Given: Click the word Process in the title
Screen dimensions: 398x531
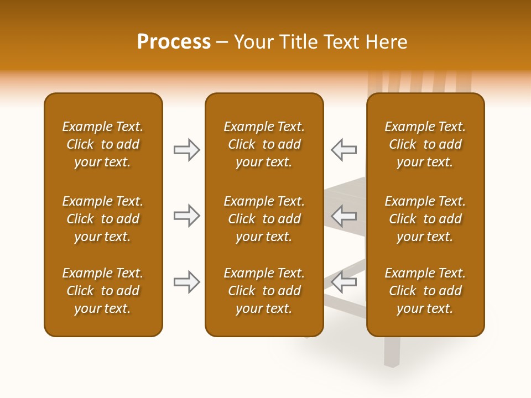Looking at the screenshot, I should (x=174, y=42).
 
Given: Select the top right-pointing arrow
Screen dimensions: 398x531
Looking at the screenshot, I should (x=186, y=150).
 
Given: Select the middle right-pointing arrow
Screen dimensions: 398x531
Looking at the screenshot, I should (x=186, y=216).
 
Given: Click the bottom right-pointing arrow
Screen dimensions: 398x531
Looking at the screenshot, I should (x=186, y=282).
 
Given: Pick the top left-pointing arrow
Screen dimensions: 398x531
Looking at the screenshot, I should (x=343, y=150).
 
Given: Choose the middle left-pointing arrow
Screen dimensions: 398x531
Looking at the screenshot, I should (x=343, y=216).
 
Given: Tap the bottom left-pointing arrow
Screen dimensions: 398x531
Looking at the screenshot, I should (x=343, y=282).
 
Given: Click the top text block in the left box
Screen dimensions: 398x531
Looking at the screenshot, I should (x=103, y=144).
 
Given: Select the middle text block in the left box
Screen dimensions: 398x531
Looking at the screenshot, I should (x=103, y=219).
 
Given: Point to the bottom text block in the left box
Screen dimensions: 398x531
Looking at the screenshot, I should (x=103, y=291).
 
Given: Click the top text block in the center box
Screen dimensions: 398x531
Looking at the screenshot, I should (x=264, y=144).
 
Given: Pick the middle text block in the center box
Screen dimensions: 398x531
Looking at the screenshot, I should (x=264, y=219).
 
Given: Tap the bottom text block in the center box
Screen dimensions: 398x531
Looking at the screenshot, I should (x=264, y=291).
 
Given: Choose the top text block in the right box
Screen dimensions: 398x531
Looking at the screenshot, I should (x=425, y=144).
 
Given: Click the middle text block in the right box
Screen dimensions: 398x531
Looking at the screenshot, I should (x=425, y=219).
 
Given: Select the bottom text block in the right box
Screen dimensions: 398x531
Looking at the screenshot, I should (x=425, y=291).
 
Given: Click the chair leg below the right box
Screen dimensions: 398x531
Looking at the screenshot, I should (x=392, y=352).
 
